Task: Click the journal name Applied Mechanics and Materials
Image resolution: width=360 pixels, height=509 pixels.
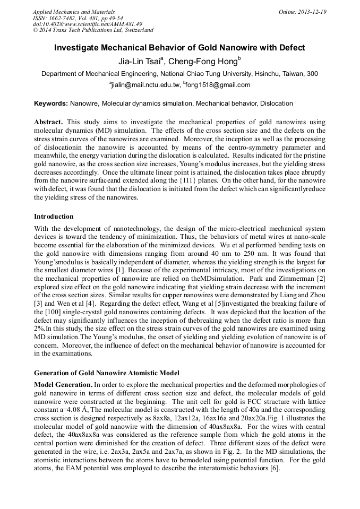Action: pyautogui.click(x=74, y=12)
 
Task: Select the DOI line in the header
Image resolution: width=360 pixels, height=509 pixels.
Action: pyautogui.click(x=88, y=24)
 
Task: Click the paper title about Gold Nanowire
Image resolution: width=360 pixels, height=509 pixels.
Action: pyautogui.click(x=179, y=48)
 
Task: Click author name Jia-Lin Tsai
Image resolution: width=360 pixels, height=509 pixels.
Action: pyautogui.click(x=140, y=61)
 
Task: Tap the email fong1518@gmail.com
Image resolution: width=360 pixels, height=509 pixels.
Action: pyautogui.click(x=218, y=85)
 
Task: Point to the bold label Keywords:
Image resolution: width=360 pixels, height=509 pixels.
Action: pyautogui.click(x=51, y=103)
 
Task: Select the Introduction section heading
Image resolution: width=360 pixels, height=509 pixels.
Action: pyautogui.click(x=54, y=217)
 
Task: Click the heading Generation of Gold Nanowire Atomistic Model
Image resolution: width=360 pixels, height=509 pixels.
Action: pyautogui.click(x=106, y=373)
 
